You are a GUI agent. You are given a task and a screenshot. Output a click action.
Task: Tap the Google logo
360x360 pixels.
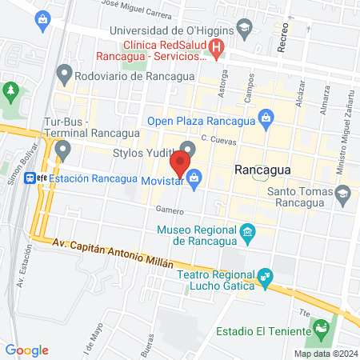point(26,350)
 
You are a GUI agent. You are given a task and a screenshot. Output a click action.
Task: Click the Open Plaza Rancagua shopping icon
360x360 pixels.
point(266,122)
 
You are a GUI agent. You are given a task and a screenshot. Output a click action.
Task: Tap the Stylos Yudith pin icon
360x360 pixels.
point(188,148)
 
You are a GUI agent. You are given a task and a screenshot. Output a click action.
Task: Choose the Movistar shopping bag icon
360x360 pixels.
point(194,179)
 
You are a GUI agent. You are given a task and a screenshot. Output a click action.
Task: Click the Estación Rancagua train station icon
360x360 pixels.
point(30,178)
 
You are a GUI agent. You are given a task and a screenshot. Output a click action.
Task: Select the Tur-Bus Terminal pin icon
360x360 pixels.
point(63,149)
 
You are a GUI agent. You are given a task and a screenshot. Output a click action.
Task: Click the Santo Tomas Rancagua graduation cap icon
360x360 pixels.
point(343,193)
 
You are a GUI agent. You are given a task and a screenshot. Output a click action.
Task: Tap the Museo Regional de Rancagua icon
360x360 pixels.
point(248,233)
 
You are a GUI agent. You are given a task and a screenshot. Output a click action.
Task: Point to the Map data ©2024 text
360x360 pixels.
point(325,354)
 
